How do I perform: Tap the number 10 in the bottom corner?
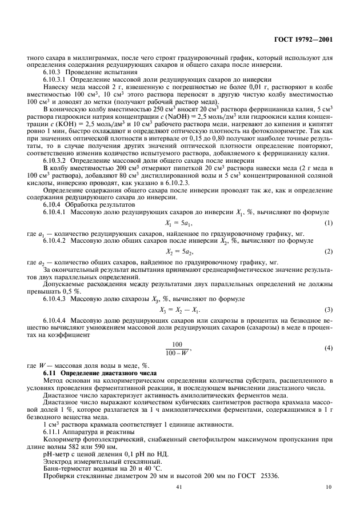point(329,487)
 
